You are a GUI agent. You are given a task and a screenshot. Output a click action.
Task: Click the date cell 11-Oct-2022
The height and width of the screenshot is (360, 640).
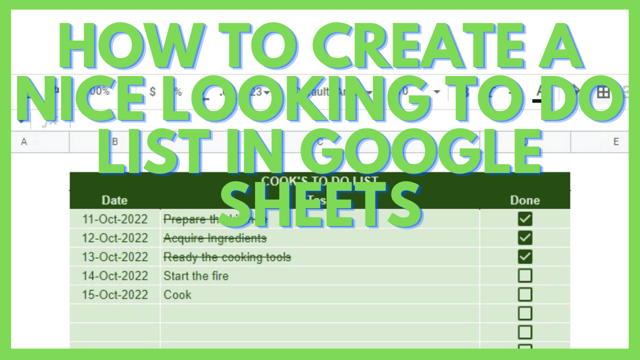pos(115,219)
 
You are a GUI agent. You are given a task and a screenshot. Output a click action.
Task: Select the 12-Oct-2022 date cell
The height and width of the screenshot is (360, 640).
pos(115,238)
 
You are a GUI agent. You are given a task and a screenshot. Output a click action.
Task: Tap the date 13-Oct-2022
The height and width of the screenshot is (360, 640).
pos(115,257)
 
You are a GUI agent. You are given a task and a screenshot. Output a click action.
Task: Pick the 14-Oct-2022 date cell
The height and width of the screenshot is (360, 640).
pos(115,276)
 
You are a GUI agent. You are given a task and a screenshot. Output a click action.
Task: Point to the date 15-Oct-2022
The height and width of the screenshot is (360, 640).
pos(115,295)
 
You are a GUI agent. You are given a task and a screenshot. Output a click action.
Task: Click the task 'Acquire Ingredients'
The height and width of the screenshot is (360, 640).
pos(215,238)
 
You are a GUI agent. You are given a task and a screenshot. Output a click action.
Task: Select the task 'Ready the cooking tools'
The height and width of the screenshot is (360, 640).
pos(227,257)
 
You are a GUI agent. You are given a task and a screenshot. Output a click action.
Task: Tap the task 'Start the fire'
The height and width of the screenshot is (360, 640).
pos(196,276)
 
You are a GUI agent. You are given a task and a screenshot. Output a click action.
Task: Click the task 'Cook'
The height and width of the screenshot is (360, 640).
pos(177,295)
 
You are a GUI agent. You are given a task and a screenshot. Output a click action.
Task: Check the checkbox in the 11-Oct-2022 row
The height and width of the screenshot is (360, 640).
pos(525,219)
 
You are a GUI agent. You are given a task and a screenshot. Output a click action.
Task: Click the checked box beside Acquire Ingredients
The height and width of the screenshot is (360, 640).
pos(525,238)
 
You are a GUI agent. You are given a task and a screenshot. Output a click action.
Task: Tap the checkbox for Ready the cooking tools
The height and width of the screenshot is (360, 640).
pos(525,257)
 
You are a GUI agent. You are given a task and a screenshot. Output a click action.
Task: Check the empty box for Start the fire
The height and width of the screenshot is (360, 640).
pos(525,276)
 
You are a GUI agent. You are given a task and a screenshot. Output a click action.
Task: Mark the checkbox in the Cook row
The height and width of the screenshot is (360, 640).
pos(525,295)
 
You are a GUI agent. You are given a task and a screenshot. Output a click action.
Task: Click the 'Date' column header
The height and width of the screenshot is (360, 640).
pos(114,200)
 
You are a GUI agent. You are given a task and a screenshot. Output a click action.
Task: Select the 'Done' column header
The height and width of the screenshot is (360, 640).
pos(525,200)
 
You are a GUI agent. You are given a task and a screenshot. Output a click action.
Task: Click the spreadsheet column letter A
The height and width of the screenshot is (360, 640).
pos(23,142)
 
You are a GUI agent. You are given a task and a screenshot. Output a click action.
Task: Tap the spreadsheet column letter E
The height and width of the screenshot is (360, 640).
pos(616,142)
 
